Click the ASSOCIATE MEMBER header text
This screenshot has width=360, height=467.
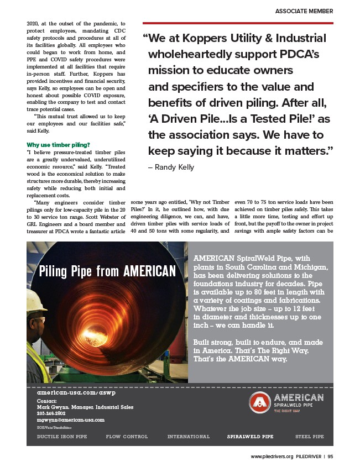[x=305, y=11]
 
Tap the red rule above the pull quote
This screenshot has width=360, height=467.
[x=238, y=23]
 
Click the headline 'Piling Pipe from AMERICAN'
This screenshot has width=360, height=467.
[x=107, y=271]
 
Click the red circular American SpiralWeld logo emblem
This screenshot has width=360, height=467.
[x=258, y=403]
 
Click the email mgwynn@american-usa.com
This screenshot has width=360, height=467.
[x=70, y=420]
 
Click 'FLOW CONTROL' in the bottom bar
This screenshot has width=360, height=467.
[x=127, y=437]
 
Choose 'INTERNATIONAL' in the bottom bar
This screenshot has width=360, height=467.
[x=189, y=437]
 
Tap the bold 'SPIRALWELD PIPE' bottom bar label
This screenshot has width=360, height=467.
[x=250, y=437]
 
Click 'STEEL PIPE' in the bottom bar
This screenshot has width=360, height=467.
[x=310, y=437]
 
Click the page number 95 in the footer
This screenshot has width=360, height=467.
[x=330, y=457]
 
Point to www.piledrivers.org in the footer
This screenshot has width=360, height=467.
[x=272, y=457]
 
